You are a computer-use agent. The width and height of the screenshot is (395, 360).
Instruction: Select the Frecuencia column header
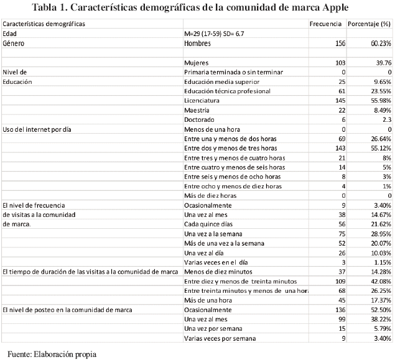[x=326, y=24]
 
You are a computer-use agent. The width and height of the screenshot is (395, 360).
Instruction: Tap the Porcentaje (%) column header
[x=368, y=24]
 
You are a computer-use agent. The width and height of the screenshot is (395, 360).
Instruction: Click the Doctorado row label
[x=200, y=119]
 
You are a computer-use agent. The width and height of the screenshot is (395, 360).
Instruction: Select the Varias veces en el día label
[x=216, y=262]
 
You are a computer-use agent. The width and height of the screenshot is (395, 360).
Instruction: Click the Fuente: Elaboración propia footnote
[x=52, y=354]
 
